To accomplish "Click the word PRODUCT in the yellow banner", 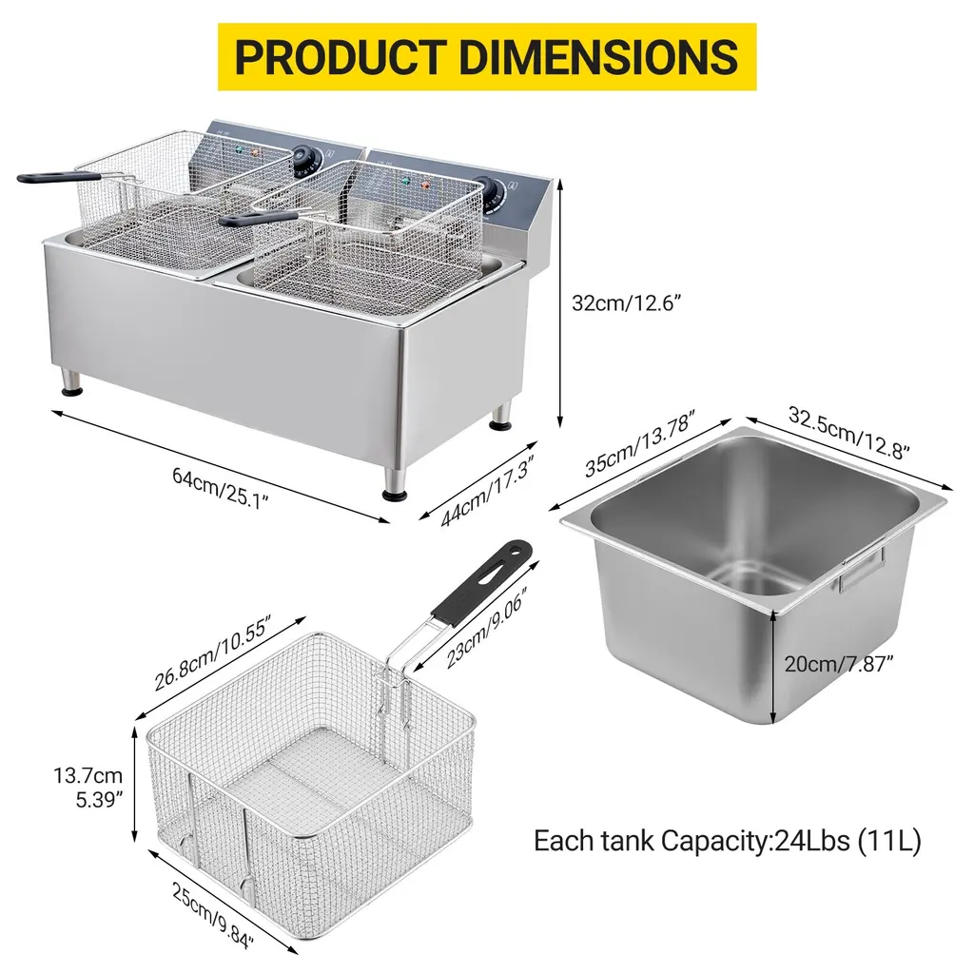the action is point(341,56).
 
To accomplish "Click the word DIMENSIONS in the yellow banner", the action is point(598,56).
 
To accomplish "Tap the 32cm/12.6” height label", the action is point(626,303).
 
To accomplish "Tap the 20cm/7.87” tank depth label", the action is point(838,664).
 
